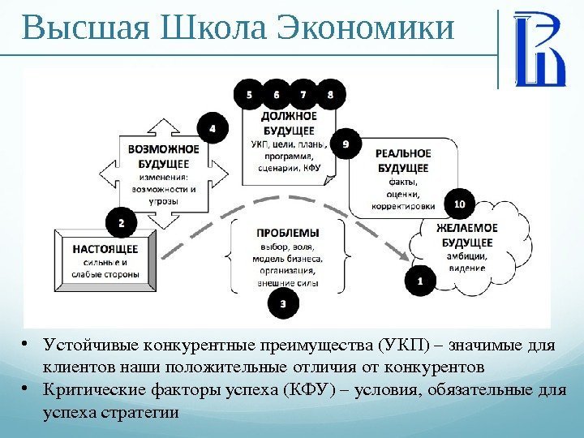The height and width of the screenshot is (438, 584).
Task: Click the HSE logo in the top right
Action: click(x=539, y=49)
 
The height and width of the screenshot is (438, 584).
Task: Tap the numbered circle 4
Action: click(x=213, y=128)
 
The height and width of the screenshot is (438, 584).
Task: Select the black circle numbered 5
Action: click(x=248, y=95)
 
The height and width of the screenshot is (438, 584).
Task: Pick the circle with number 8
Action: click(x=330, y=95)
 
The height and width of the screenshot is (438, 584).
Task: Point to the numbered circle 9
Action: click(x=346, y=144)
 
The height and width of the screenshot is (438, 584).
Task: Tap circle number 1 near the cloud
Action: click(x=419, y=281)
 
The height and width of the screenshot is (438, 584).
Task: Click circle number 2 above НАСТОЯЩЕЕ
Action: click(x=122, y=221)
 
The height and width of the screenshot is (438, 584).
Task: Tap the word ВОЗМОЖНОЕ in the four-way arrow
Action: click(x=163, y=149)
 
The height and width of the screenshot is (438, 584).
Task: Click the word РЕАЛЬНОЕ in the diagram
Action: click(x=403, y=153)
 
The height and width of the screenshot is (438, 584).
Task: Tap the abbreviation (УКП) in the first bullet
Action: click(x=396, y=347)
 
